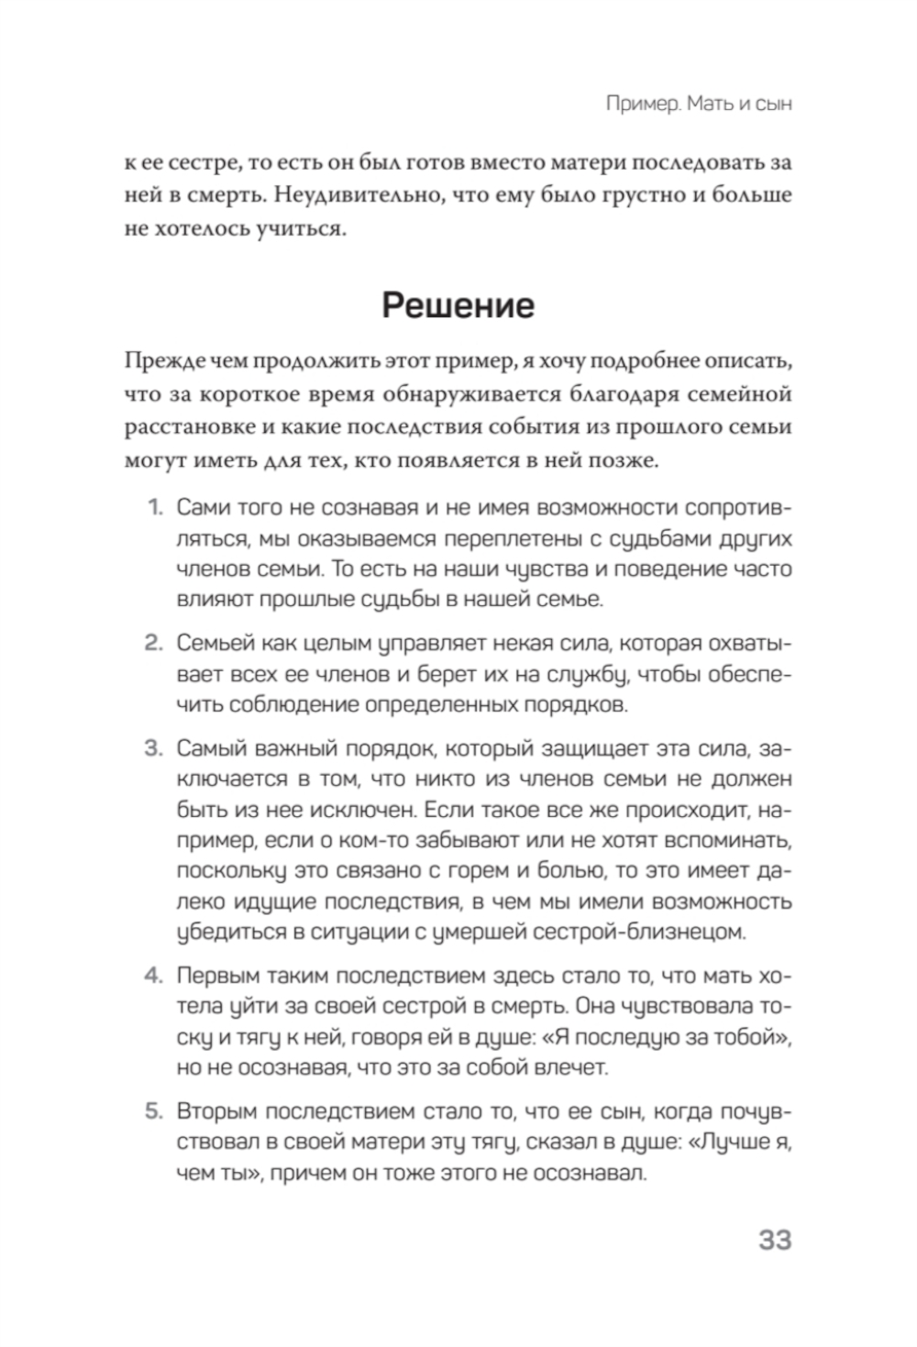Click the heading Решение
(458, 305)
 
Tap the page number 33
(775, 1240)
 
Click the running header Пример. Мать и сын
(699, 104)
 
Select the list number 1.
(154, 507)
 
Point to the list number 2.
(153, 643)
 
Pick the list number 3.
(153, 748)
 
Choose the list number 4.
(153, 975)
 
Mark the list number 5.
(153, 1111)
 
